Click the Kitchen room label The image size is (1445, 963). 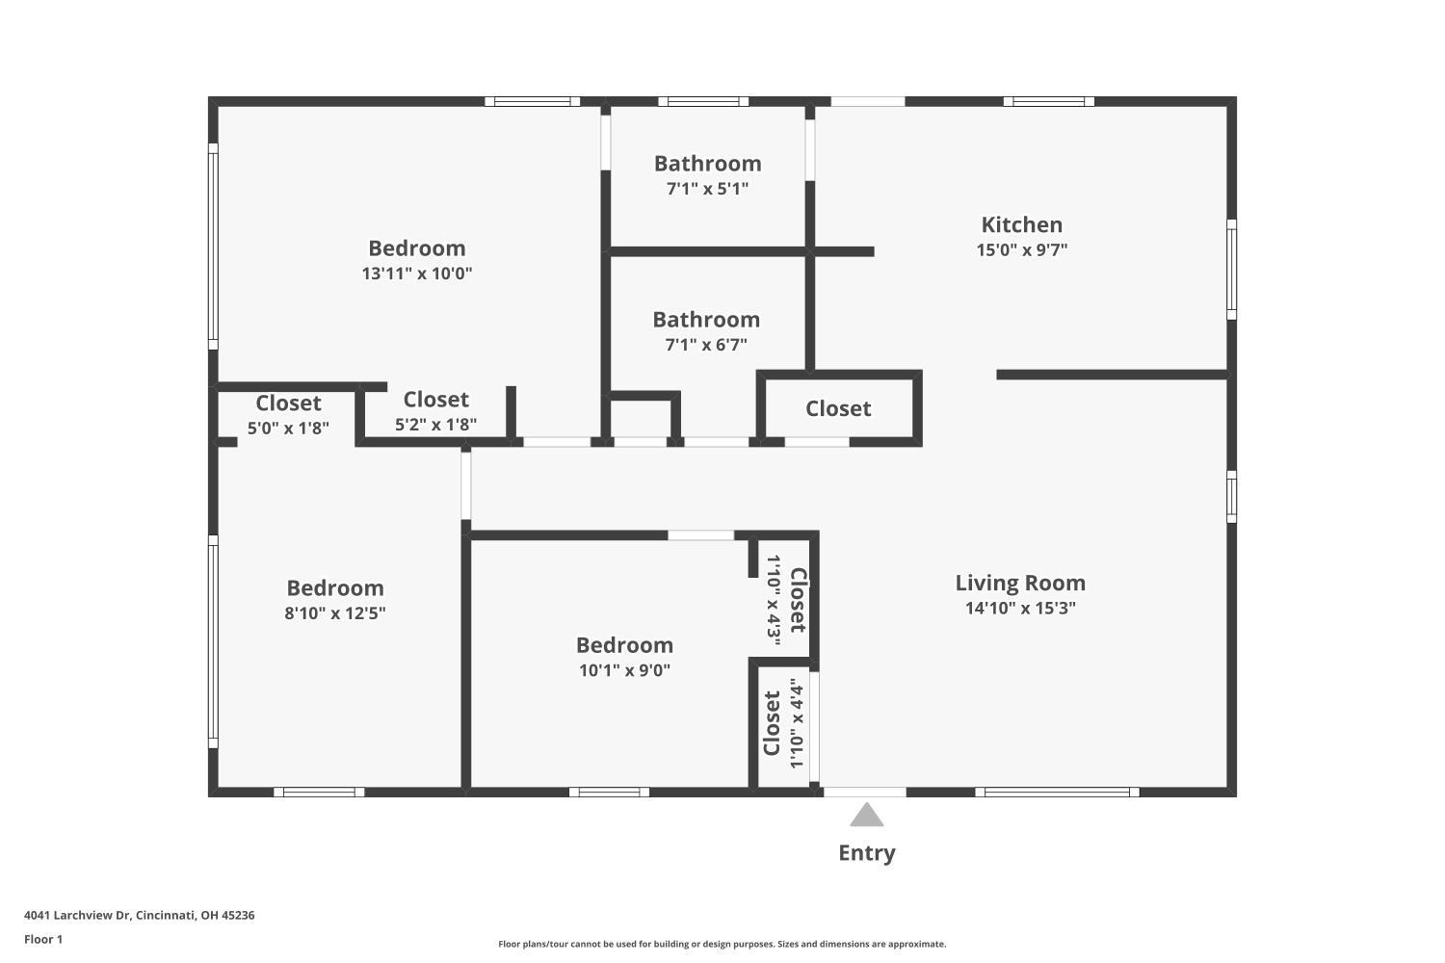(1021, 224)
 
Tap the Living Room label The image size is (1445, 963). (1020, 583)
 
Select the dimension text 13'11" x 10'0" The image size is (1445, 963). (416, 273)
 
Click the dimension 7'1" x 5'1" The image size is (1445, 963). (707, 189)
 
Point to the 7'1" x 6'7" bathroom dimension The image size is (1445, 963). (706, 345)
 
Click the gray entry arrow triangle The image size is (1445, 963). (866, 817)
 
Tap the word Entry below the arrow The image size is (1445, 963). (866, 853)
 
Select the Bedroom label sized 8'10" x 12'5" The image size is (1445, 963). (335, 587)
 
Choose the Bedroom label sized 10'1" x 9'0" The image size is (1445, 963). (624, 645)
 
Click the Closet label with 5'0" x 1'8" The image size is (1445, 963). (288, 403)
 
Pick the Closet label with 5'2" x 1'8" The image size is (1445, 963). (435, 400)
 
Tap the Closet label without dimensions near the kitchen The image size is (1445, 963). (838, 408)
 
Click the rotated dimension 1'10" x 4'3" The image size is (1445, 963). (773, 599)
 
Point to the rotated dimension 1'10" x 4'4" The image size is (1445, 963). (796, 723)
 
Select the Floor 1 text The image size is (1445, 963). (43, 939)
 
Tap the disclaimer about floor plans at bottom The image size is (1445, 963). (722, 945)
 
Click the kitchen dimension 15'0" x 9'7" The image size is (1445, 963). (1021, 250)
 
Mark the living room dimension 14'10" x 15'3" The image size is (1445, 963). (1020, 608)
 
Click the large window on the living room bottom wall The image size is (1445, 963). (1057, 793)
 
